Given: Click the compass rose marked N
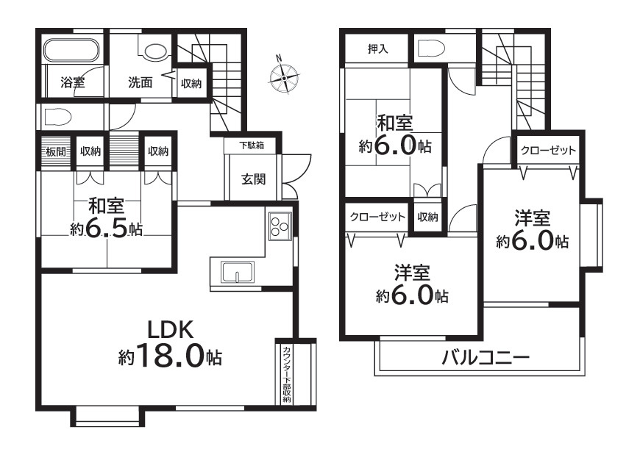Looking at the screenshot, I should (x=284, y=76).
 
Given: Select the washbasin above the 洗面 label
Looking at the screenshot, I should (x=155, y=51).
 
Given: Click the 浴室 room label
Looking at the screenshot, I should (x=72, y=82).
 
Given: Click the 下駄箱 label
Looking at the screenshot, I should (x=251, y=146).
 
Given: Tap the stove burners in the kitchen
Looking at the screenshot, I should (x=280, y=226).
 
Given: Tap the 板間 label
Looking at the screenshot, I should (x=56, y=151).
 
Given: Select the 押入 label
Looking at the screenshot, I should (x=378, y=49).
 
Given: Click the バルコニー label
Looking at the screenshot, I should (x=486, y=359).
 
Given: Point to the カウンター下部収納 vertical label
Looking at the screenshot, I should (x=285, y=373).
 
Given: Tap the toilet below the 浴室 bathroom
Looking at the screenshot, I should (x=57, y=117).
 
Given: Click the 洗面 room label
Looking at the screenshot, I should (x=141, y=82).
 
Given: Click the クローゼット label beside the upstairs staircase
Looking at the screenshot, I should (x=548, y=150).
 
